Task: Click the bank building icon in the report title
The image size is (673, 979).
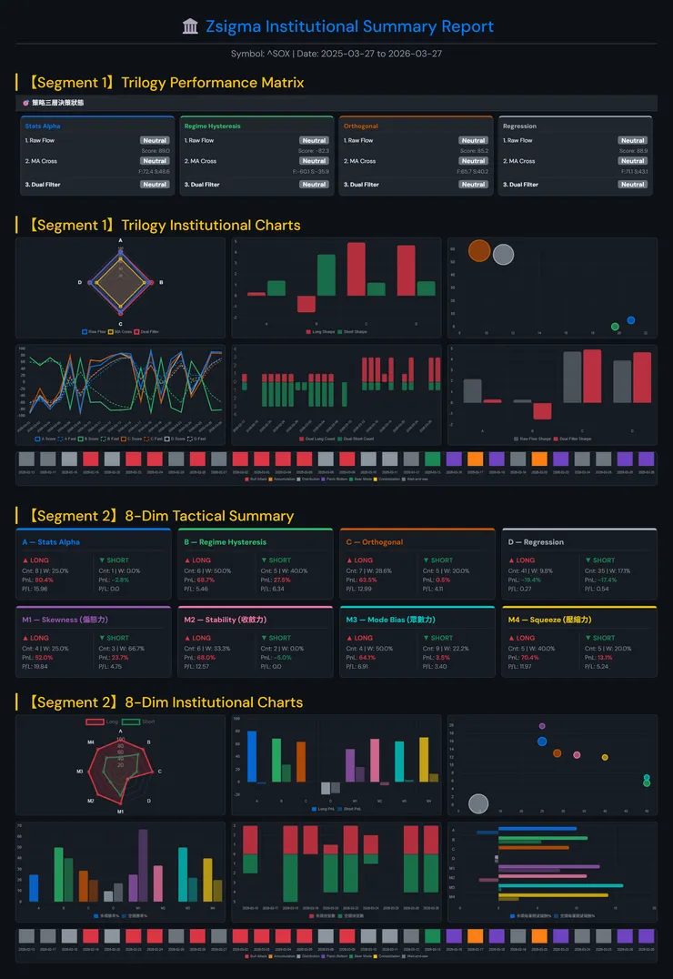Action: (x=190, y=27)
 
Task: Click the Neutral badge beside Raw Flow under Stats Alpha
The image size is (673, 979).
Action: (x=155, y=141)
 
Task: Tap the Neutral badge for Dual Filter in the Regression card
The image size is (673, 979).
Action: (x=633, y=185)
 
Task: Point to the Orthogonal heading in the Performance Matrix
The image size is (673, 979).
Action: (x=361, y=126)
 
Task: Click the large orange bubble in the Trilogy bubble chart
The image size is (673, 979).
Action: (x=478, y=251)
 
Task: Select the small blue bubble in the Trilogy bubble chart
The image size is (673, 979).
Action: (x=631, y=320)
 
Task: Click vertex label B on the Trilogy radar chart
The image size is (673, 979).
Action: (x=161, y=283)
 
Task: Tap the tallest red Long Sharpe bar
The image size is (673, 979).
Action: (x=357, y=268)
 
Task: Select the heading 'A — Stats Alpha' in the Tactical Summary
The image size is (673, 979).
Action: (x=51, y=542)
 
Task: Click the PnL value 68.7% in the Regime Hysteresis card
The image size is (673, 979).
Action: (x=206, y=580)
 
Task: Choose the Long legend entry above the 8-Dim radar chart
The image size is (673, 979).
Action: (x=103, y=722)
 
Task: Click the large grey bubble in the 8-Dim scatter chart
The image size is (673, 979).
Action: (x=478, y=803)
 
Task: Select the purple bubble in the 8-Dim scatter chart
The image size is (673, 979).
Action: (x=542, y=726)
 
